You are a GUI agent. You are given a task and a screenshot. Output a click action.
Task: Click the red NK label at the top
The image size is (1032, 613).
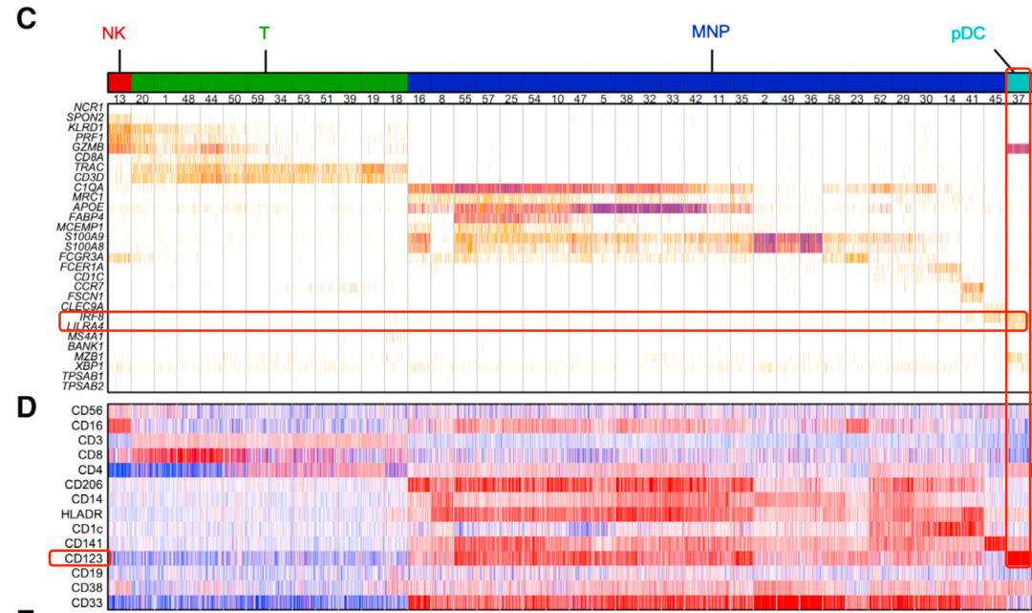click(x=114, y=34)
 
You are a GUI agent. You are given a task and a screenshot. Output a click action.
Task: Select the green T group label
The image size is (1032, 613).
click(x=265, y=33)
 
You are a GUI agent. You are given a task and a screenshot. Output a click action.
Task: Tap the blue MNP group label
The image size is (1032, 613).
click(x=710, y=33)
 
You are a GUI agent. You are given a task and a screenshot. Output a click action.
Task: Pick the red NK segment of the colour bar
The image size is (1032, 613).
click(x=119, y=81)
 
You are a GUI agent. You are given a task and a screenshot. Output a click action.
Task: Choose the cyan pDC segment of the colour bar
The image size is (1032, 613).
click(x=1018, y=81)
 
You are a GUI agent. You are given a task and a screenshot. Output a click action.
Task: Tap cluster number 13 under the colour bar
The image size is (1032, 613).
click(x=119, y=99)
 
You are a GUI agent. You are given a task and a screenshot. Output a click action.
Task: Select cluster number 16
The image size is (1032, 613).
click(x=419, y=99)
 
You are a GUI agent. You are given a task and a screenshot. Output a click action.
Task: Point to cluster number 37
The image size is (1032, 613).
click(x=1019, y=99)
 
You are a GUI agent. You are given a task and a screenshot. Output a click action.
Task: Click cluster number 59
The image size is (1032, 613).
click(x=257, y=99)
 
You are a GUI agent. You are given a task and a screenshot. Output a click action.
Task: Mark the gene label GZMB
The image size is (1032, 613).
click(x=87, y=147)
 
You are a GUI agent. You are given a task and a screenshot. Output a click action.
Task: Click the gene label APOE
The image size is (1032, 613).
click(x=87, y=207)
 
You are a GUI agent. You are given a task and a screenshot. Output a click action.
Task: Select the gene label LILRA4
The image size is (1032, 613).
click(x=85, y=326)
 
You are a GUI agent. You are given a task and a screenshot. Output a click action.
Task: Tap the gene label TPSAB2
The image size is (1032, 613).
click(x=83, y=386)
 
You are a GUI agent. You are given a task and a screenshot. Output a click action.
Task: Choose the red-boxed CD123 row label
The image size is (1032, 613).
click(x=81, y=558)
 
